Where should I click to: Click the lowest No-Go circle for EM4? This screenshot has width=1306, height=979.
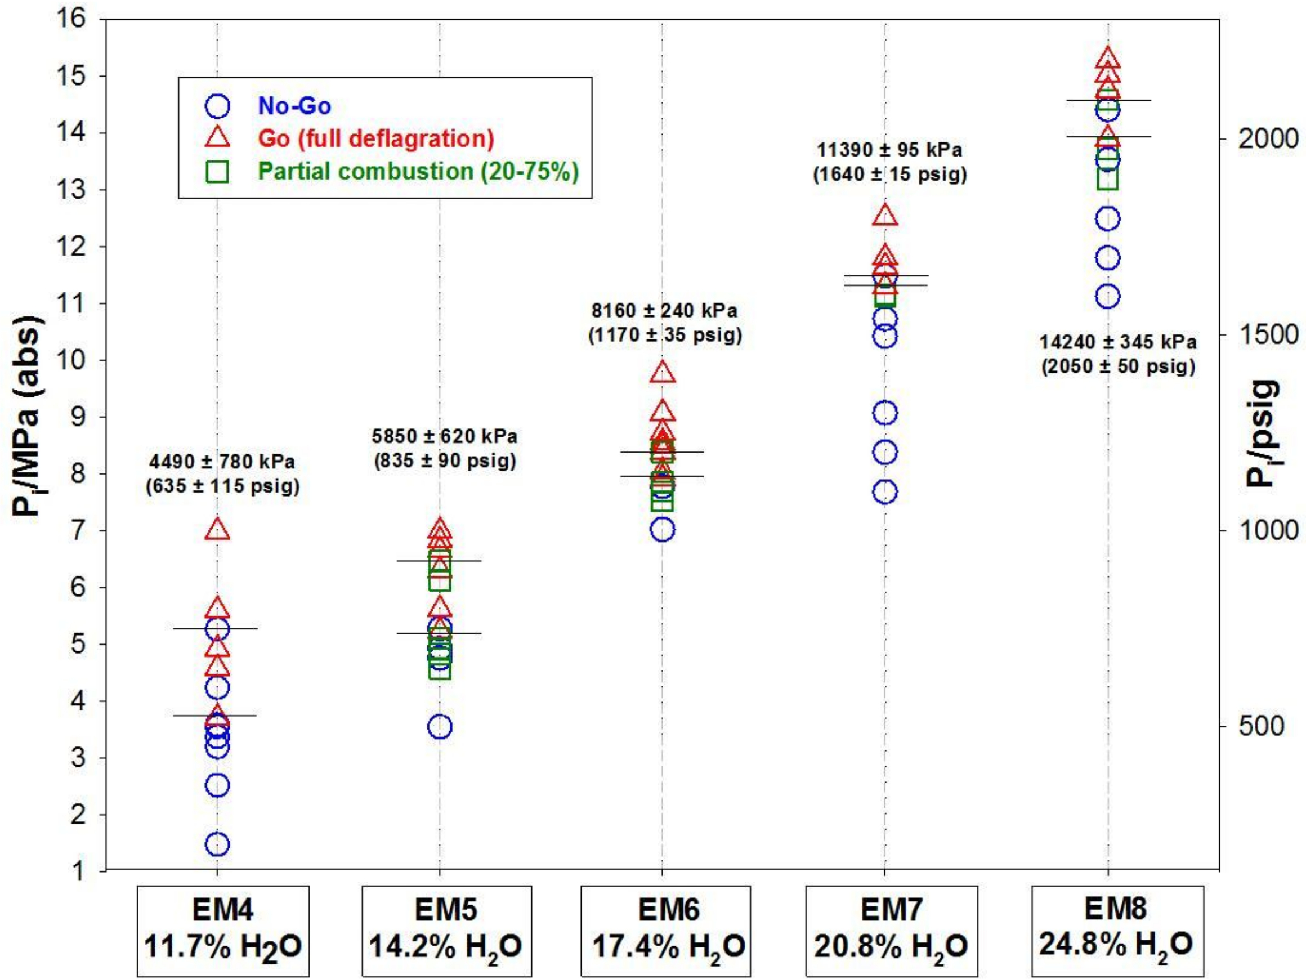click(x=217, y=844)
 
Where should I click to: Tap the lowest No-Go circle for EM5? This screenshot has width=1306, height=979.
click(x=440, y=726)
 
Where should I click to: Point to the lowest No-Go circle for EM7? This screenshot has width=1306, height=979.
click(x=885, y=491)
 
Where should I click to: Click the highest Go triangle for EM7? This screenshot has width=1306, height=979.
click(x=885, y=216)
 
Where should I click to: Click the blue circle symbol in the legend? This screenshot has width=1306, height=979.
click(x=217, y=106)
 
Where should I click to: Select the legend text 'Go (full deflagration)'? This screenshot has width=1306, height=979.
click(x=375, y=138)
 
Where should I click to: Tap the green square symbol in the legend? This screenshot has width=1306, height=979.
click(x=217, y=171)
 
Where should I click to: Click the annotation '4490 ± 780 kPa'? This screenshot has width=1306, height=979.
click(x=222, y=461)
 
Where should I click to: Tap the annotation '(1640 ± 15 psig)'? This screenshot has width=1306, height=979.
click(x=890, y=175)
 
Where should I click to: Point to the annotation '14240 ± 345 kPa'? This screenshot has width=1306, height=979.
click(x=1117, y=342)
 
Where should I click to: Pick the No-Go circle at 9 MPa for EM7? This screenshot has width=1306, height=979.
click(x=885, y=413)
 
